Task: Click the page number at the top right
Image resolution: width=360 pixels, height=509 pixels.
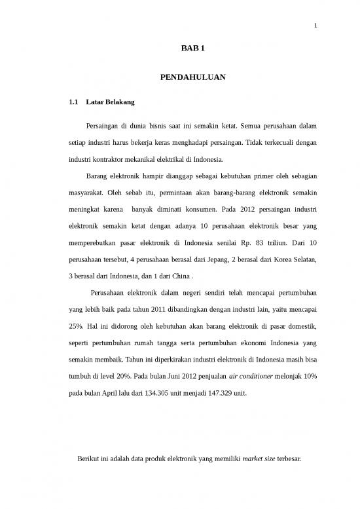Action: point(315,26)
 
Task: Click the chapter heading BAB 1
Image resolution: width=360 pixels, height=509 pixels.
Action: point(192,50)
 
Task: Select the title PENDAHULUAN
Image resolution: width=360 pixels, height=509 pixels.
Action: point(192,78)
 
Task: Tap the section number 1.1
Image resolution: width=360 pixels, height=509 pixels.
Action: point(74,103)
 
